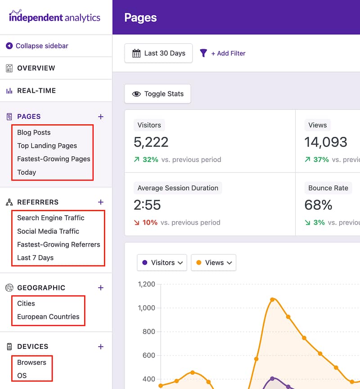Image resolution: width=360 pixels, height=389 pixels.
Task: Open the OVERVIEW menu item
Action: (x=36, y=68)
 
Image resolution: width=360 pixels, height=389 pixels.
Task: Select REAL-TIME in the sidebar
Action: (x=36, y=90)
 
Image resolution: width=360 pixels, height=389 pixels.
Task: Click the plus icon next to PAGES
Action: (x=101, y=117)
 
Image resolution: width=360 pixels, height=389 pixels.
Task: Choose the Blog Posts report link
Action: (x=34, y=132)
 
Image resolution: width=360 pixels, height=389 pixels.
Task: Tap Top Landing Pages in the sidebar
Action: (x=47, y=145)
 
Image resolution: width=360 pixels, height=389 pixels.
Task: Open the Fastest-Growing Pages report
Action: (x=54, y=159)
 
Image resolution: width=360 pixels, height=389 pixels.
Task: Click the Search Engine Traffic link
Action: (x=50, y=218)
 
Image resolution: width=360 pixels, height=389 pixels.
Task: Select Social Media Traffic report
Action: (x=48, y=231)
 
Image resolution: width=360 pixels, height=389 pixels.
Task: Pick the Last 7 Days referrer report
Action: (x=35, y=258)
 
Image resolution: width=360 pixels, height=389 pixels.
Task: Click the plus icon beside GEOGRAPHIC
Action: (x=101, y=288)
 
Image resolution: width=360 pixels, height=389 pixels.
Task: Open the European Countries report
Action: (x=48, y=317)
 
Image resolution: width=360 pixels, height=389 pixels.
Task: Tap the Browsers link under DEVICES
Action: (x=31, y=362)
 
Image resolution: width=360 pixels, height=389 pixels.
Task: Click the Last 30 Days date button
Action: (x=158, y=53)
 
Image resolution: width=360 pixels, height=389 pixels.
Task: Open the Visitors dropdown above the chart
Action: (x=162, y=262)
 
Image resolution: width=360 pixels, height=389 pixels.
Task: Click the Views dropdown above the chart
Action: (x=214, y=262)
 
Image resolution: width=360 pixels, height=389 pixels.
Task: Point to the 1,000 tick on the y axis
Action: (x=146, y=308)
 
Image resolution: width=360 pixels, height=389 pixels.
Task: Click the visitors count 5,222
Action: (x=151, y=142)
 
